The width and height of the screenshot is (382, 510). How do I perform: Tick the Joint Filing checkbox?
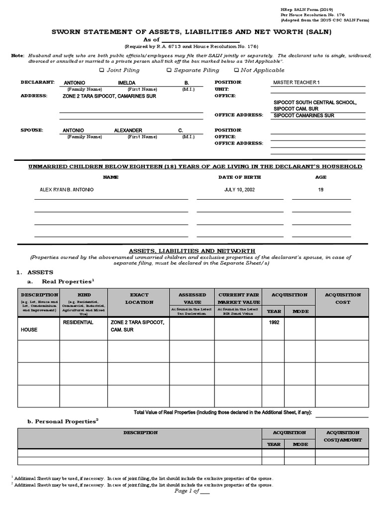point(102,70)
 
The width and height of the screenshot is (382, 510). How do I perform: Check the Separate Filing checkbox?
point(170,70)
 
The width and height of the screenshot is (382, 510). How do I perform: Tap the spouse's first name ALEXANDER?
point(128,130)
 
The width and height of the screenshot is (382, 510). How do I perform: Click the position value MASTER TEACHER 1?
point(297,82)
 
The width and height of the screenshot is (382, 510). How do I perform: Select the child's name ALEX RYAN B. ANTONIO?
point(66,190)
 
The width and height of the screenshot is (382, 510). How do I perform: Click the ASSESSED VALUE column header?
point(192,298)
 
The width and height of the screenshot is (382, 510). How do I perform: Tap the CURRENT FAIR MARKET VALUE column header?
point(239,298)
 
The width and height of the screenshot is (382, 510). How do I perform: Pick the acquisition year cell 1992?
point(274,322)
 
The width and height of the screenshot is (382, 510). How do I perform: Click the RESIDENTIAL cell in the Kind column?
point(78,323)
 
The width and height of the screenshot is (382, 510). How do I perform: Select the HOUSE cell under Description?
point(29,330)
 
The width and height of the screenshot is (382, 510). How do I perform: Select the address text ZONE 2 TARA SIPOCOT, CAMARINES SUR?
point(109,96)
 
